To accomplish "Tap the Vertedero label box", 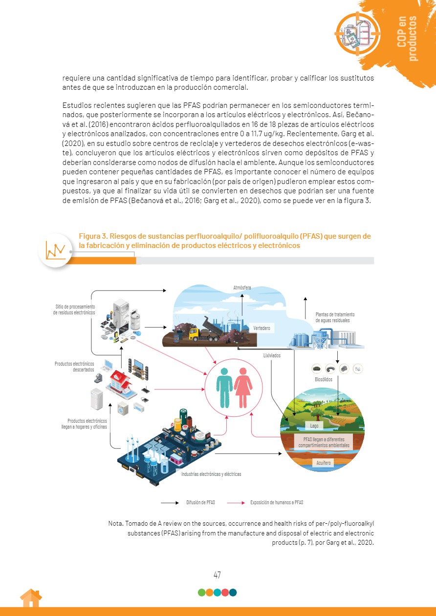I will [262, 329].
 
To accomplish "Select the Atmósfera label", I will [242, 287].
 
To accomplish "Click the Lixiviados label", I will [272, 356].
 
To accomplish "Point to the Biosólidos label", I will [324, 379].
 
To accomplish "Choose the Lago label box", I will [314, 426].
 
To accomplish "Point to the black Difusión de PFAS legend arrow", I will [170, 502].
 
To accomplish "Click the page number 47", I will [218, 575].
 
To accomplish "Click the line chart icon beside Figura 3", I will [55, 250].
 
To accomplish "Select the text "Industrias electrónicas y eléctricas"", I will [211, 474].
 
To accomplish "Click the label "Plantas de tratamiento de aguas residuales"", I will [335, 317].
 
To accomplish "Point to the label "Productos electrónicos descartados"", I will [74, 367].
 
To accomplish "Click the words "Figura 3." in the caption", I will [93, 237].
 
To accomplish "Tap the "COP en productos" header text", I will [408, 38].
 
